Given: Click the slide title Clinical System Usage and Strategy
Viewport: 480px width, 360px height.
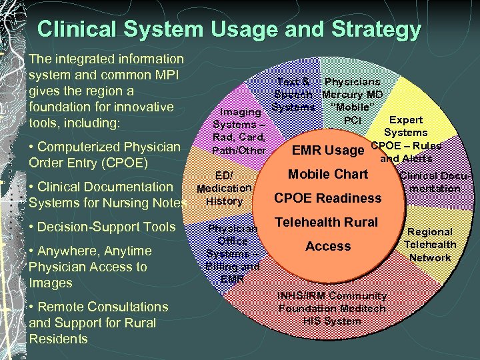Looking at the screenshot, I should [x=229, y=29].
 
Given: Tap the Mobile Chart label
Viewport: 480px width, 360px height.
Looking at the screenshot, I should [x=328, y=174].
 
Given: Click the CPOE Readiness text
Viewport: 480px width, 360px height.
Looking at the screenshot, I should [x=328, y=198].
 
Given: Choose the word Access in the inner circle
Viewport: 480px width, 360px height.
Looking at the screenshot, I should [x=328, y=246].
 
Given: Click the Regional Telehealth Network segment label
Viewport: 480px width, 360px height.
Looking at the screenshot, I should [x=430, y=245].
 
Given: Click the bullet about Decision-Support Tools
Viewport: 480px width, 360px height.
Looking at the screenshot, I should [x=102, y=227].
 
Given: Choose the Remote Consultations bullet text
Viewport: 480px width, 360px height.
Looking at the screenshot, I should [x=99, y=323].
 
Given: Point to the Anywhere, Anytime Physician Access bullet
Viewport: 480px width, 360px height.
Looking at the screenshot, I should [x=91, y=267].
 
